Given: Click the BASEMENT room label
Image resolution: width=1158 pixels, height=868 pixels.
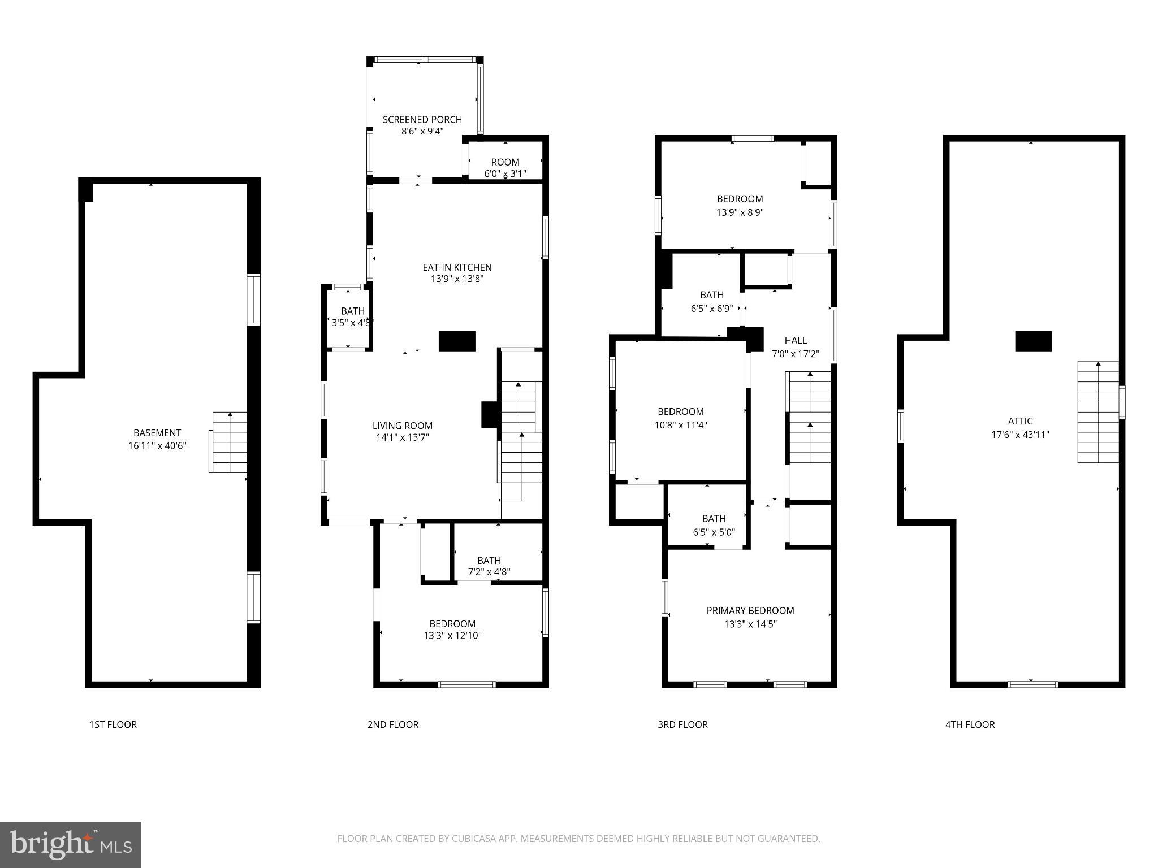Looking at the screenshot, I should coord(157,433).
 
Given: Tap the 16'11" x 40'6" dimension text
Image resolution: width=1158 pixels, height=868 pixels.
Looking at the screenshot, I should coord(157,446).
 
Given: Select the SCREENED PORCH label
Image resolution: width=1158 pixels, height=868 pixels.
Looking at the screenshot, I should coord(422,119).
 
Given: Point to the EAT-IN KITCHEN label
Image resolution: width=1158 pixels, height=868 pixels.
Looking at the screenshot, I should coord(457,267).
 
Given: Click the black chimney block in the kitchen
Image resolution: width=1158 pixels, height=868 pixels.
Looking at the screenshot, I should coord(457,341).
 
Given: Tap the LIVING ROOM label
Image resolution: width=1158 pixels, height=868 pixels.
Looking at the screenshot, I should coord(402,426).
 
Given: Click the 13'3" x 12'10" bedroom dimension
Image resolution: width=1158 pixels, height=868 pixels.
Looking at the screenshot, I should coord(452,635).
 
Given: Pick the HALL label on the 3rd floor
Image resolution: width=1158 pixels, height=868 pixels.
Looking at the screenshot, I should coord(796,340).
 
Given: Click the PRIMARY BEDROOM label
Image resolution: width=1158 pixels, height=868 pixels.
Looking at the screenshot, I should coord(750,610).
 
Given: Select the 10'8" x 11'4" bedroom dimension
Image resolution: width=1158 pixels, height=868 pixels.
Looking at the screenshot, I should coord(681,425).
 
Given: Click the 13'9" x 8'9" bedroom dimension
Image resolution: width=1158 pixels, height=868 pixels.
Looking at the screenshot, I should coord(740,212).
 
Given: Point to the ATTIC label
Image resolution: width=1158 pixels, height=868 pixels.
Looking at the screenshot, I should coord(1020,421).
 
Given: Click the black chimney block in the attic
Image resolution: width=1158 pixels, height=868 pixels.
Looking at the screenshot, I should coord(1033,341).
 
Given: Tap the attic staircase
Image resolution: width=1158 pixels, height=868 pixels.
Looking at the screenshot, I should coord(1097,412).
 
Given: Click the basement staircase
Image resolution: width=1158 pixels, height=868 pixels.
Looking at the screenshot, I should coord(228,442).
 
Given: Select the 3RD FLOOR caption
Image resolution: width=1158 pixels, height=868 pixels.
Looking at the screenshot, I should coord(682,724).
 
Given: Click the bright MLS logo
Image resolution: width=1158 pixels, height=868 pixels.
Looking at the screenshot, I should coord(71,844).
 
